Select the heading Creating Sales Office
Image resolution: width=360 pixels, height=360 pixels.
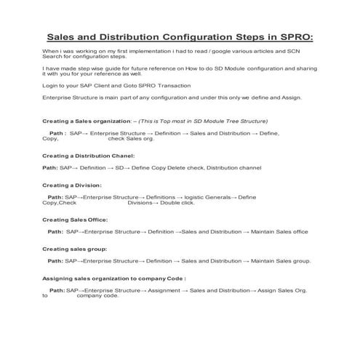[75, 220]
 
